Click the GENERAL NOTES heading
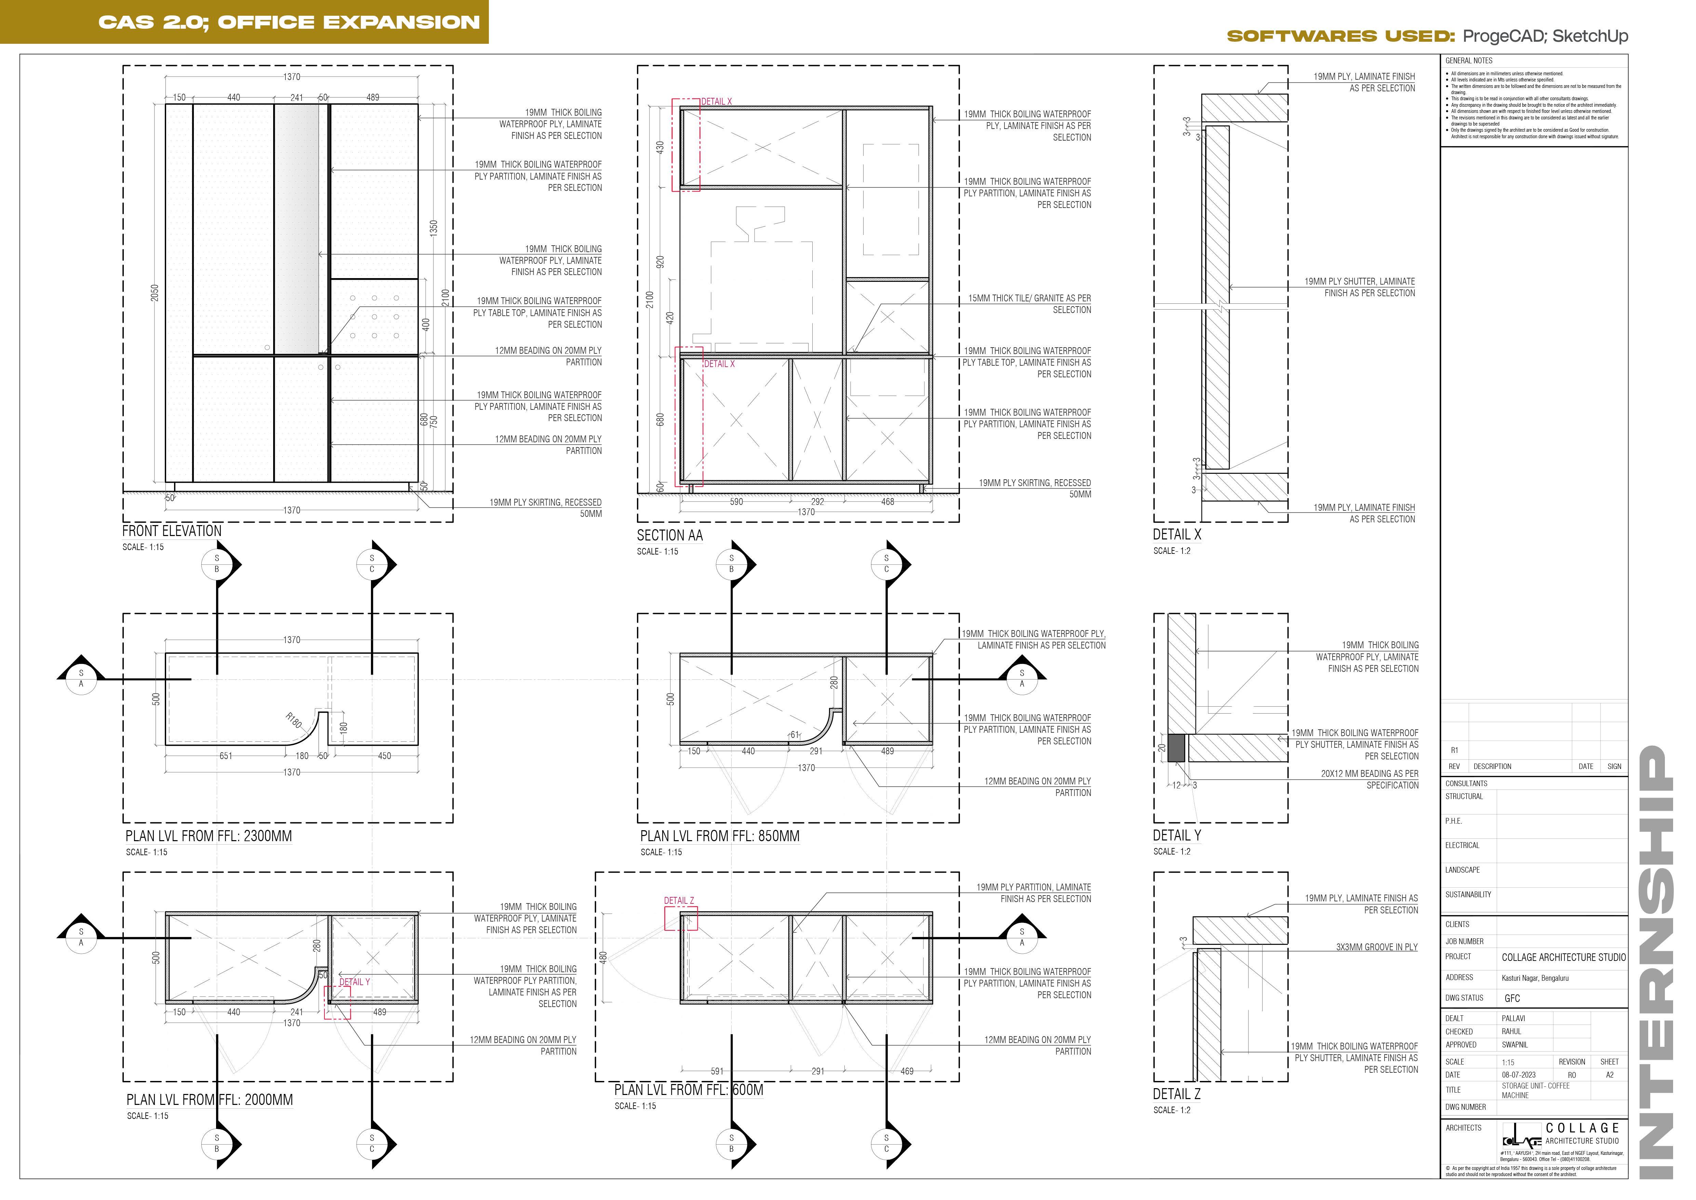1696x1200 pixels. (1469, 61)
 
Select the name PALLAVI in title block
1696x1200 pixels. (1513, 1018)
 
